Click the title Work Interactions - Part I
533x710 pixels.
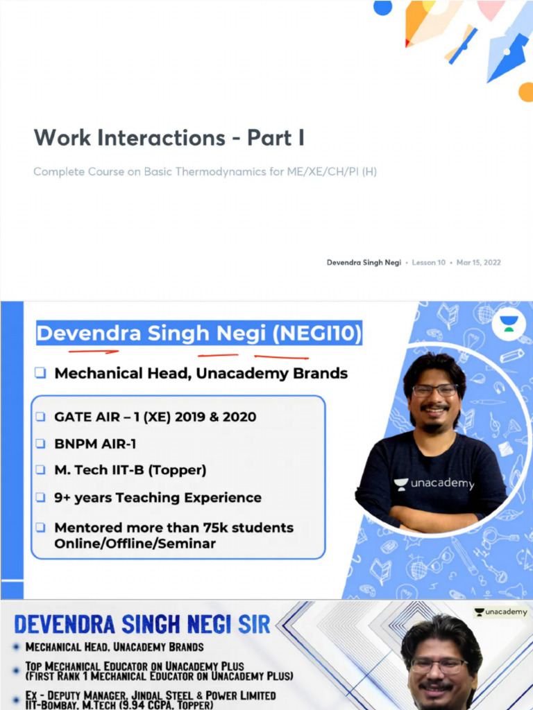point(169,137)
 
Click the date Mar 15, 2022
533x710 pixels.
point(478,263)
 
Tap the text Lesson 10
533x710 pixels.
point(428,263)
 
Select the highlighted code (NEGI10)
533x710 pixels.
point(317,334)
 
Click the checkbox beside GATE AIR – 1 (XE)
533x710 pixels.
point(41,417)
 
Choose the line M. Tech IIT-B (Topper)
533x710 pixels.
point(130,470)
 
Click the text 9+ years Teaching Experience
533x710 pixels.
point(158,498)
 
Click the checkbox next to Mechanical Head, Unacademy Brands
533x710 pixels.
point(41,373)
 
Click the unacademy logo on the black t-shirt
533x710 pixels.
point(434,484)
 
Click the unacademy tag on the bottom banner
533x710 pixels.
point(500,612)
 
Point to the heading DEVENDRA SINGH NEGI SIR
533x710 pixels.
point(142,624)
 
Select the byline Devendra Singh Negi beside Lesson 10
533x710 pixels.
point(364,263)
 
